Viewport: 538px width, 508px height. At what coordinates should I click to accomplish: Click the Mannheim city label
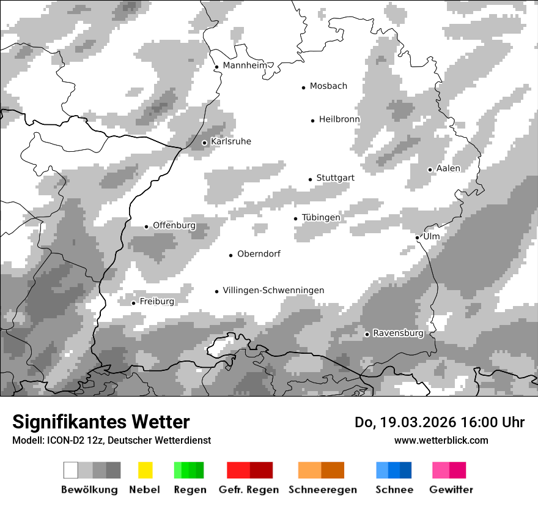245,65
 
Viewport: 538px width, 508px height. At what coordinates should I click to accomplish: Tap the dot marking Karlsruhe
205,143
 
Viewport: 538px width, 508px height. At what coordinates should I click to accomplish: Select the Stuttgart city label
335,178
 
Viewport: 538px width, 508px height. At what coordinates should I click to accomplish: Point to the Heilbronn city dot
312,121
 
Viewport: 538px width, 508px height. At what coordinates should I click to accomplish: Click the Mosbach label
328,86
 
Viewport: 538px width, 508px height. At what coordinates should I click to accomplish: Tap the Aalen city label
448,168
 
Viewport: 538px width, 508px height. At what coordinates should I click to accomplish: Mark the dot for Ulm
417,237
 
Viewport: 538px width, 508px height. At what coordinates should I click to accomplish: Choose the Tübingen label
321,218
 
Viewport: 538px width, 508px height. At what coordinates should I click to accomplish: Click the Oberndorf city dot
230,255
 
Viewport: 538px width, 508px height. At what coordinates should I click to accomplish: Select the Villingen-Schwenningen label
273,291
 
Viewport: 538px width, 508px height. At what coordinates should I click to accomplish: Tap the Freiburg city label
157,302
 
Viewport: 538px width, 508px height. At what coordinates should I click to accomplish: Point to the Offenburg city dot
146,226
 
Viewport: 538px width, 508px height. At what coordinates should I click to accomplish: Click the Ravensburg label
398,334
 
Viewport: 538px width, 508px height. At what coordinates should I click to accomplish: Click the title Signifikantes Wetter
101,422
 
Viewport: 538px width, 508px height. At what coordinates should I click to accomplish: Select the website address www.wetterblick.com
441,440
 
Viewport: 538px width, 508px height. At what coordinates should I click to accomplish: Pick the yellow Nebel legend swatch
145,470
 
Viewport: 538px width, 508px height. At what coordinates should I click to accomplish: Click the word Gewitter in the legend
451,490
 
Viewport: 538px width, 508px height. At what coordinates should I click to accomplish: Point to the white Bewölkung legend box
71,470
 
